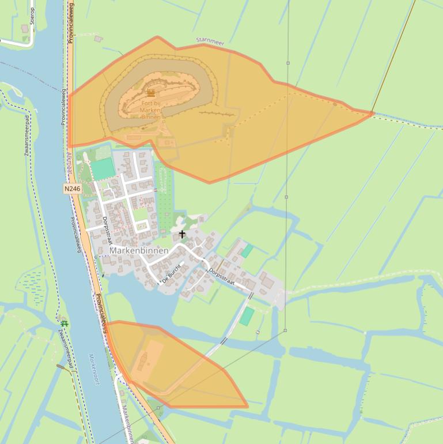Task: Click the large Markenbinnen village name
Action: tap(139, 251)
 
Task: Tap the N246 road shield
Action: tap(72, 189)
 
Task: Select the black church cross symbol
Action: tap(183, 234)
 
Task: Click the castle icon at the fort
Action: tap(151, 93)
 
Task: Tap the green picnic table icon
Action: tap(64, 323)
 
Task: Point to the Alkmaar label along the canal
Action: tap(69, 160)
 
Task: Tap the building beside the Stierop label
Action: tap(25, 28)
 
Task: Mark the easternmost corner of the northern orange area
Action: tap(373, 113)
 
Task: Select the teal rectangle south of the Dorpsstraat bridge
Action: tap(247, 316)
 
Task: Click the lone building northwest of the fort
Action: tap(99, 39)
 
